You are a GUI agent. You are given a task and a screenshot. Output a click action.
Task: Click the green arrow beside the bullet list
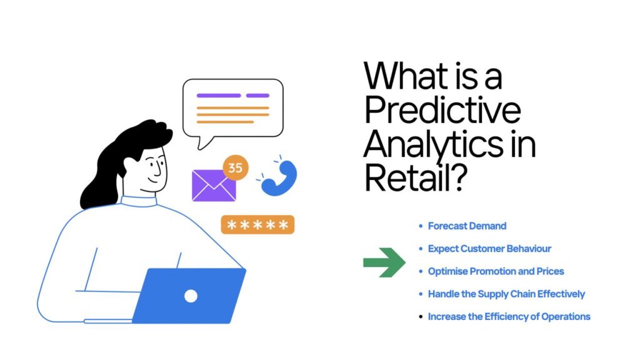[384, 262]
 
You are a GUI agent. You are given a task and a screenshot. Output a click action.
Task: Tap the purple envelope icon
[214, 186]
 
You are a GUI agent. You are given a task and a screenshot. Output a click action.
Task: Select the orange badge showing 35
[236, 167]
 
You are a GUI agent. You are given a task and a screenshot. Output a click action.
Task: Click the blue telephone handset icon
[280, 179]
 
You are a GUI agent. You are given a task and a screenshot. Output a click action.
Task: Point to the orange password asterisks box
[257, 224]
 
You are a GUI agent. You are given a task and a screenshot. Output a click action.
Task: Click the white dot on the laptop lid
[191, 296]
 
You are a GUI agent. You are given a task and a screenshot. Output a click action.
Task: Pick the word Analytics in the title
[433, 145]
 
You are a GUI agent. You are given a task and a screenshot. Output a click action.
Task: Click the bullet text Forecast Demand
[467, 226]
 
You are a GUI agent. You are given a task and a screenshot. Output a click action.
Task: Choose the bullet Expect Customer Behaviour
[489, 249]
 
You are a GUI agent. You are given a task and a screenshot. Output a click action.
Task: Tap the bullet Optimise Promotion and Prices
[496, 271]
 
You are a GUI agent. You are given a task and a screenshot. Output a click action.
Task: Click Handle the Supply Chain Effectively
[506, 294]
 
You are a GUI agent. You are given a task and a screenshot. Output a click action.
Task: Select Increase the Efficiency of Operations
[509, 316]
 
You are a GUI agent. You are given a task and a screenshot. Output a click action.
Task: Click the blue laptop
[189, 296]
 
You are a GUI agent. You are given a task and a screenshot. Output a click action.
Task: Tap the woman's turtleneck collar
[139, 201]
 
